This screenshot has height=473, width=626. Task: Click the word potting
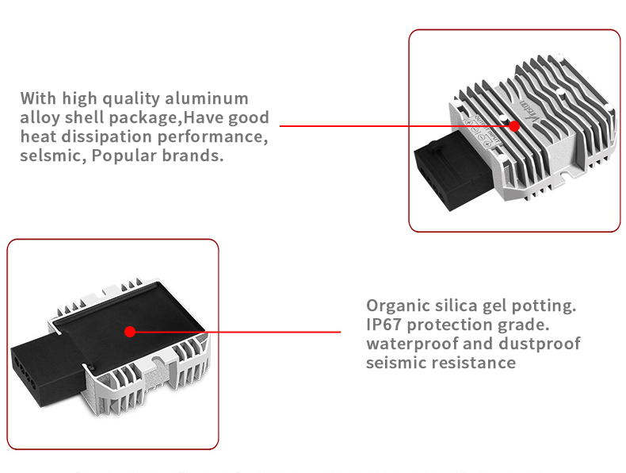(546, 306)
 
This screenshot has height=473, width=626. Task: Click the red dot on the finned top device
(514, 125)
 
